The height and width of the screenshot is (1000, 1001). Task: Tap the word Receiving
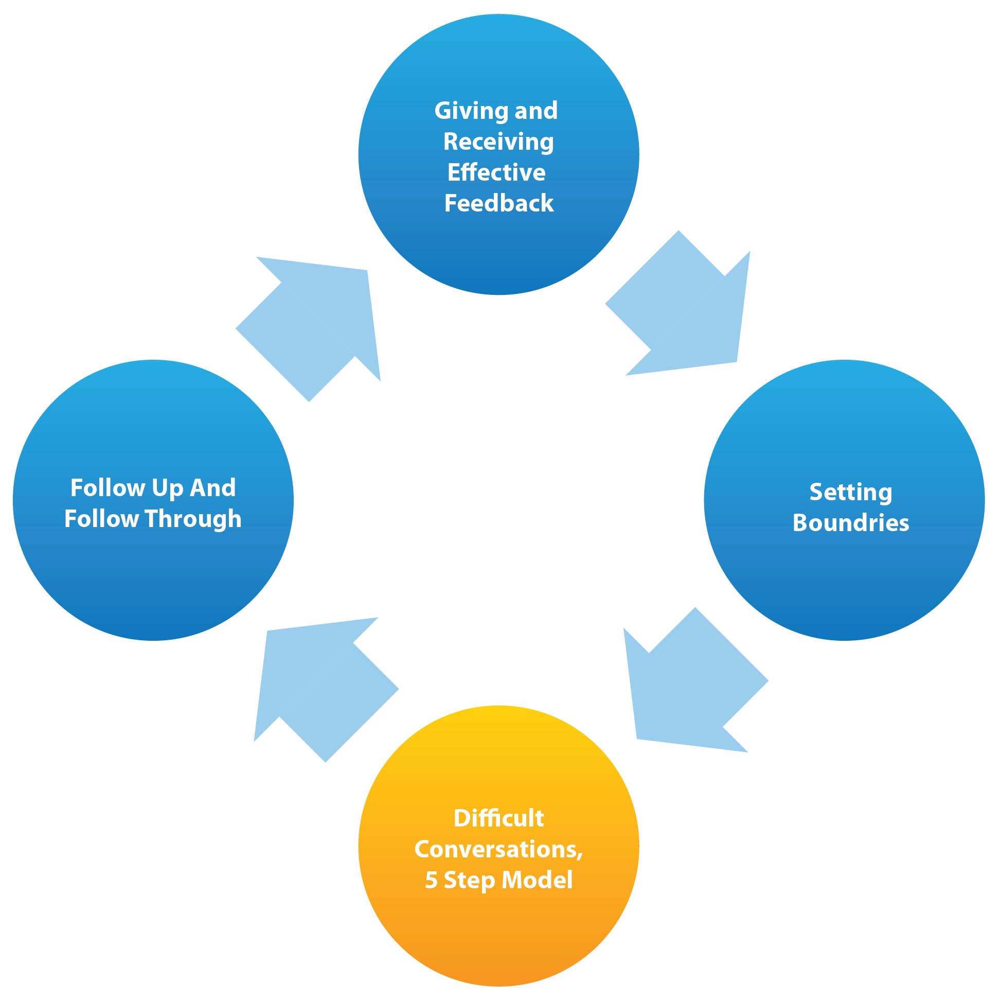click(498, 142)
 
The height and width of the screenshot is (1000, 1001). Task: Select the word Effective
click(496, 172)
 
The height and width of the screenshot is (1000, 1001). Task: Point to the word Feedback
click(499, 203)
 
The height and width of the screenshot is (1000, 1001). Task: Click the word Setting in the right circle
click(851, 493)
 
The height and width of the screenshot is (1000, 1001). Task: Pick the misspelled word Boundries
click(851, 523)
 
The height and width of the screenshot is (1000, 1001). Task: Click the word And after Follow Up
click(213, 488)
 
